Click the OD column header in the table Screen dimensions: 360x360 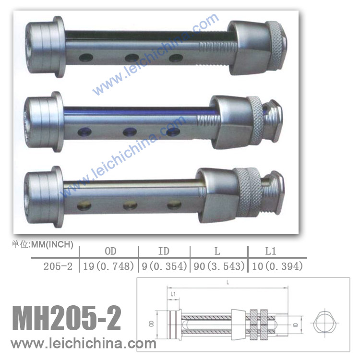(110, 251)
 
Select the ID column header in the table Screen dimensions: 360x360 (164, 251)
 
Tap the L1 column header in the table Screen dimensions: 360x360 (270, 251)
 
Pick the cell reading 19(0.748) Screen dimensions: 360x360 (108, 266)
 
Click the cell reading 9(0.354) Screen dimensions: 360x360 (164, 266)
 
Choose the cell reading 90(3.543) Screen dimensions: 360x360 (219, 266)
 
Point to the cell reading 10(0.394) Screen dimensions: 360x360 (277, 266)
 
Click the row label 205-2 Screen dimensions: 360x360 (58, 266)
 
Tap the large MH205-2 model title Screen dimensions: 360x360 (67, 318)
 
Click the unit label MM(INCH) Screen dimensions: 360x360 (52, 244)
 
